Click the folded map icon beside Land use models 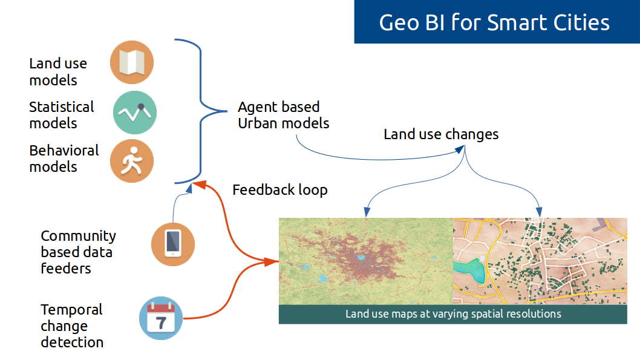click(132, 62)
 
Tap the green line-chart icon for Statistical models click(135, 113)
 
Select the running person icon click(132, 161)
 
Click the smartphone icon click(173, 244)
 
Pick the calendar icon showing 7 click(161, 318)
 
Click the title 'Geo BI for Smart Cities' click(494, 22)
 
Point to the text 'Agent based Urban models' click(284, 115)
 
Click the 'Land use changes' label click(441, 134)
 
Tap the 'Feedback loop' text click(280, 190)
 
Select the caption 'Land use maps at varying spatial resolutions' click(453, 314)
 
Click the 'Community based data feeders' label click(79, 252)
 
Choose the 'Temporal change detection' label click(72, 326)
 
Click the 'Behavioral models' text click(64, 159)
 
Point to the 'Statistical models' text click(62, 115)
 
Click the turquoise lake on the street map click(471, 270)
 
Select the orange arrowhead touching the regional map click(272, 261)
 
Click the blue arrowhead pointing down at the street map click(539, 212)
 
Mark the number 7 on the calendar click(162, 323)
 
